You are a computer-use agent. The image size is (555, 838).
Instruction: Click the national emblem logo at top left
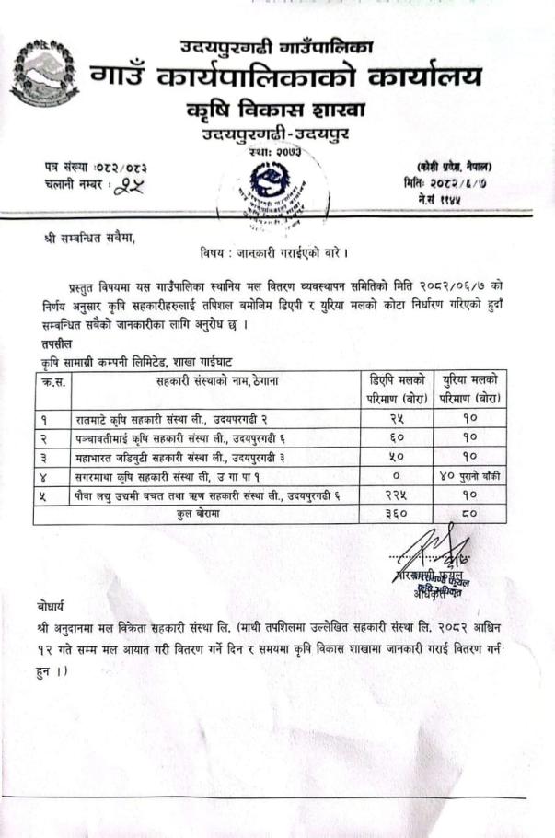43,71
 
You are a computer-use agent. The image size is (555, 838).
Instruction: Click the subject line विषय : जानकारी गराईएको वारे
272,251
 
